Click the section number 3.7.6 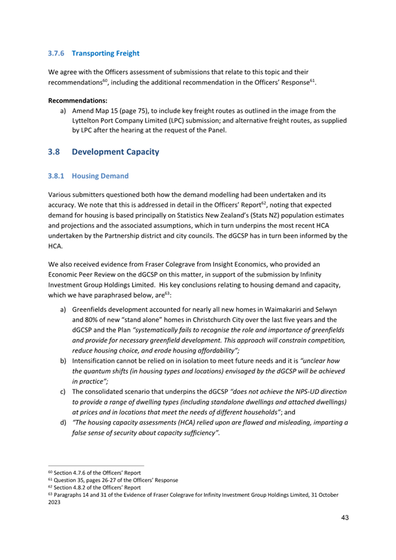tap(56, 53)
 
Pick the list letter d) tap(63, 423)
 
